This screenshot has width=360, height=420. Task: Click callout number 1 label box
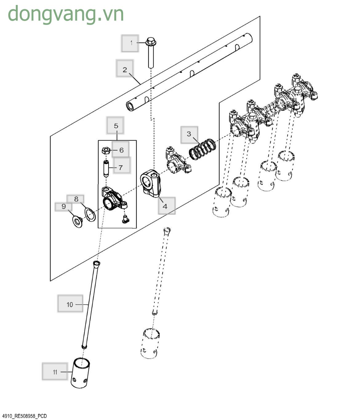coord(130,43)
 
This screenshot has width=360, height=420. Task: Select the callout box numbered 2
coord(125,69)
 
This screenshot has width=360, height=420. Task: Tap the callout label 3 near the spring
coord(189,134)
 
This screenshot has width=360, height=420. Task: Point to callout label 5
coord(115,126)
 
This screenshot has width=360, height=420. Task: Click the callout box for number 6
coord(121,150)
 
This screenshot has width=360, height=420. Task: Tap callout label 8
coord(76,199)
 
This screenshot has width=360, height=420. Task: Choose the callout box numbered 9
coord(64,207)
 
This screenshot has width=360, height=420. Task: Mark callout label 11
coord(55,371)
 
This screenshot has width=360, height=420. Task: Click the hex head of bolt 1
coord(150,41)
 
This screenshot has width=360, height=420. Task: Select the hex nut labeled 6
coord(106,151)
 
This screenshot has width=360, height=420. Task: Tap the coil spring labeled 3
coord(202,149)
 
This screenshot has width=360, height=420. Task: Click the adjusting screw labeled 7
coord(106,168)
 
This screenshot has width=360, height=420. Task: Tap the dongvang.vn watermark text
coord(66,14)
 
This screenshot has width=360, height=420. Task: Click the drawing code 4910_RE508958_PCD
coord(25,416)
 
